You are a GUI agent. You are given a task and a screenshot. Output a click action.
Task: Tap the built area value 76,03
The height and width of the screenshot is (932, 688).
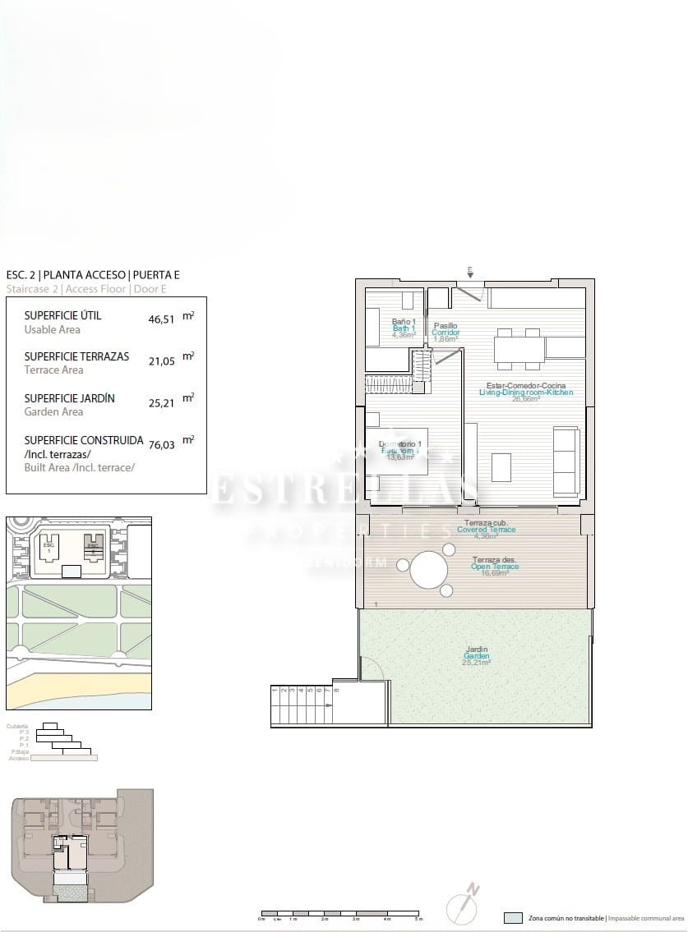tap(161, 444)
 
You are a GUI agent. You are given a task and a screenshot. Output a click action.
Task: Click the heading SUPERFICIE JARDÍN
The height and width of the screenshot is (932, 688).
tap(70, 398)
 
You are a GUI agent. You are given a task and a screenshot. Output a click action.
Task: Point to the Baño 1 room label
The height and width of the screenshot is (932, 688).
tap(404, 322)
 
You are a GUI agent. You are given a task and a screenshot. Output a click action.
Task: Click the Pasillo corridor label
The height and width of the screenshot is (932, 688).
tap(446, 326)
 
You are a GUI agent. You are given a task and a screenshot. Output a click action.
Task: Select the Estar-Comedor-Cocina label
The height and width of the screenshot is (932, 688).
tap(526, 385)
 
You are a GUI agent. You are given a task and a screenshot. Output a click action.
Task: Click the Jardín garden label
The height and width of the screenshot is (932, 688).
tap(477, 650)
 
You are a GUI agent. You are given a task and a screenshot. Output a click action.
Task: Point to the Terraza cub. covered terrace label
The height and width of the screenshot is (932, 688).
tap(487, 523)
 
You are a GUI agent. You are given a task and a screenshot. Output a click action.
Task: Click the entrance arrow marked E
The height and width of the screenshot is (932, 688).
tap(469, 272)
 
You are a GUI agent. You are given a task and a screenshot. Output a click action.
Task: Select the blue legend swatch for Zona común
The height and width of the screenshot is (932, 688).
tap(513, 918)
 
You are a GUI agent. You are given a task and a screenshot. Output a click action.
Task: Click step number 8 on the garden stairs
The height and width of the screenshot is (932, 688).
tap(337, 691)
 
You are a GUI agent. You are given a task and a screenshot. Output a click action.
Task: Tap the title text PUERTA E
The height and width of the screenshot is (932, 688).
tap(156, 275)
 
